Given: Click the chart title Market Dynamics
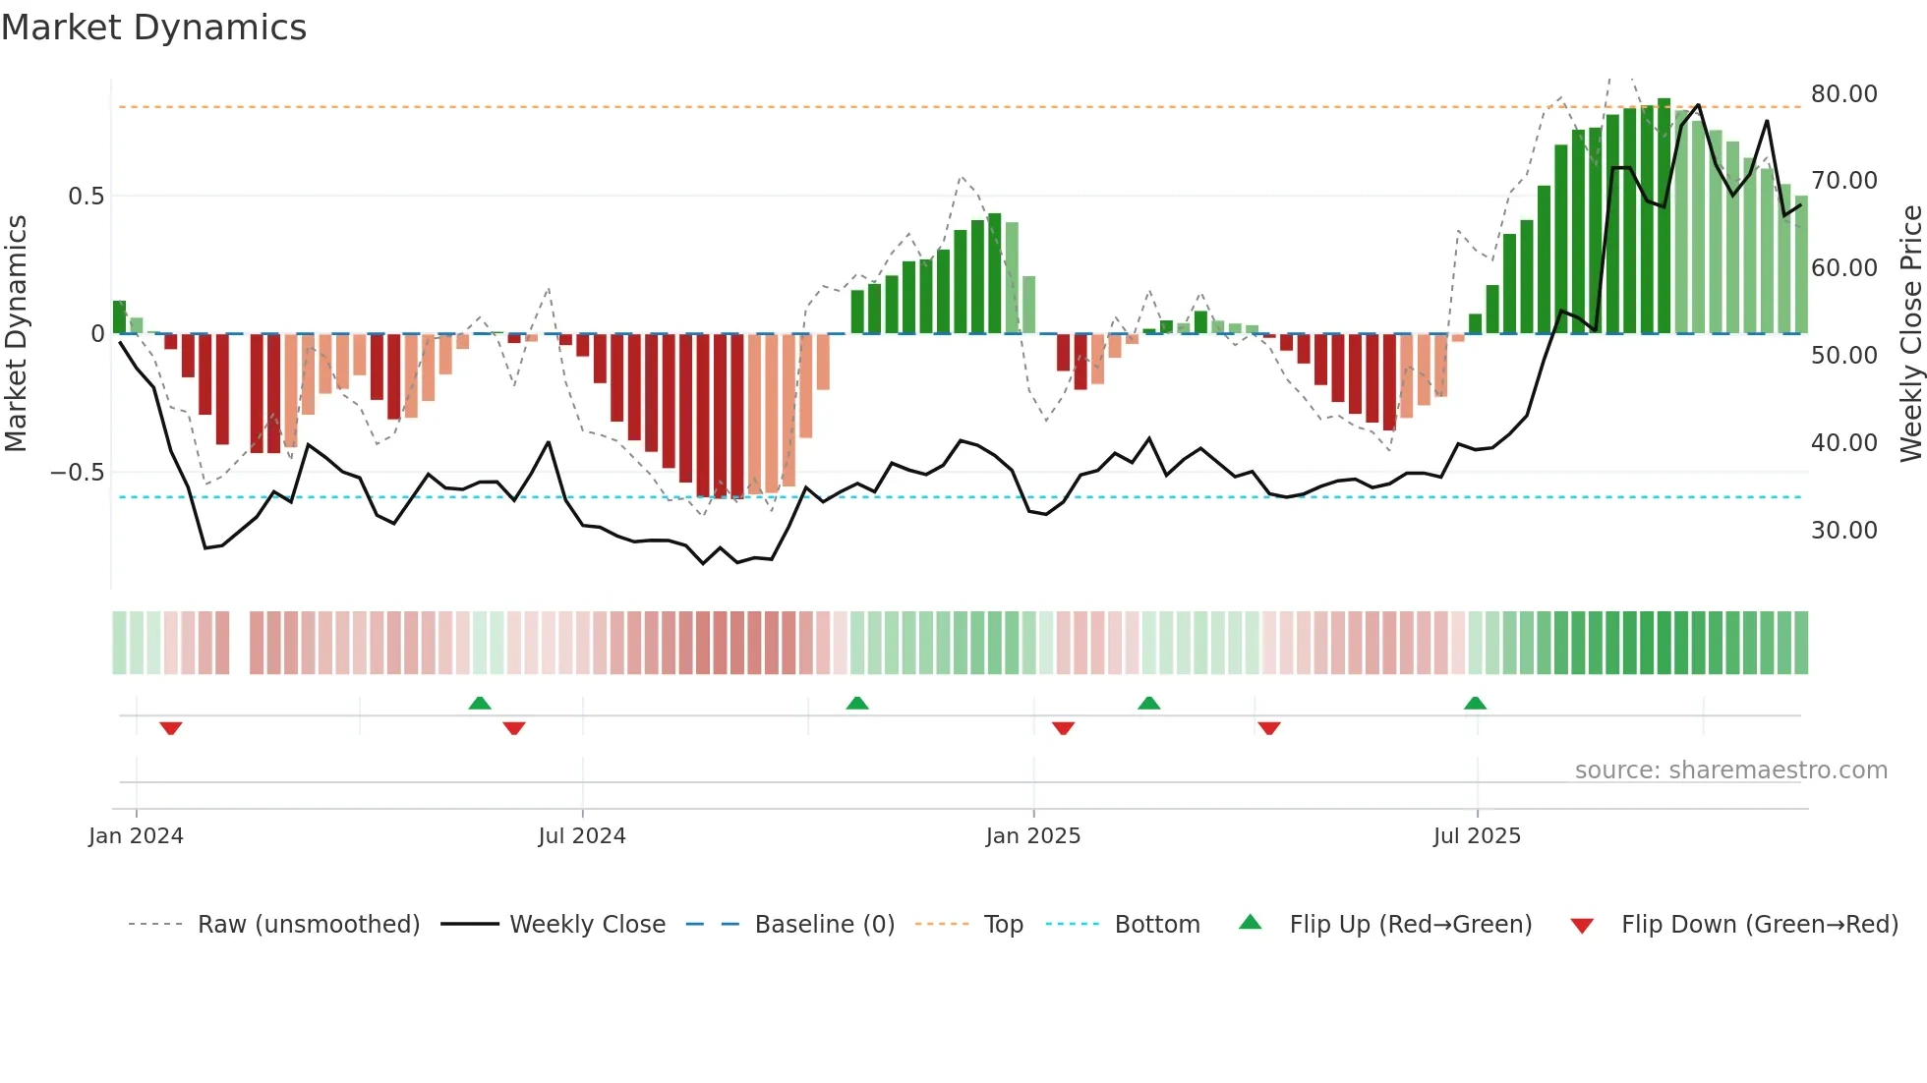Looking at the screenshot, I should click(153, 28).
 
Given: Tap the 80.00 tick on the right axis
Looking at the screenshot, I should click(1843, 94).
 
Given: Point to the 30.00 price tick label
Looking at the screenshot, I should click(1843, 531).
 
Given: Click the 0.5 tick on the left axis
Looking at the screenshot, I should click(86, 197).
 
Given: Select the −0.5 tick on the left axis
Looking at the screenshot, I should click(78, 473).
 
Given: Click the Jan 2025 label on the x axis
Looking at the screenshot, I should click(1032, 836).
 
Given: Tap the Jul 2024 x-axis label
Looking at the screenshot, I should click(581, 836).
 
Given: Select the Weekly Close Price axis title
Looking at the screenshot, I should click(1910, 334).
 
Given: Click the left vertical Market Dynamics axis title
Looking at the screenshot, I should click(16, 334).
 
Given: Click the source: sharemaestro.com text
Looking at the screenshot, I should click(1730, 770).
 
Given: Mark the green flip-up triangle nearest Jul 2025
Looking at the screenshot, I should click(1475, 703).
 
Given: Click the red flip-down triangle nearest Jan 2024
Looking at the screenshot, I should click(171, 728).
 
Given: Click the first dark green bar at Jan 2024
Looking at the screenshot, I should click(119, 317).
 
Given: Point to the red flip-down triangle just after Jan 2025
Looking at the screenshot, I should click(1063, 728).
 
